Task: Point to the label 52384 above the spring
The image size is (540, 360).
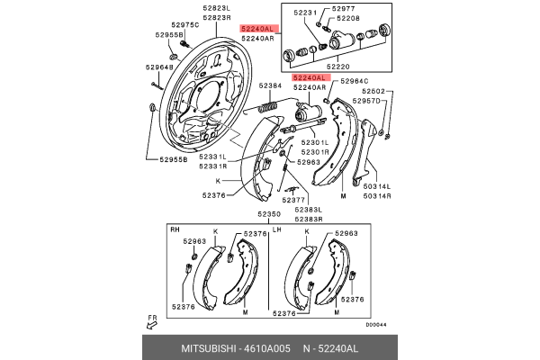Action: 272,86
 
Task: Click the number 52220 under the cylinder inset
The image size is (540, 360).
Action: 337,67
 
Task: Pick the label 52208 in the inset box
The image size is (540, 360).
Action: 348,18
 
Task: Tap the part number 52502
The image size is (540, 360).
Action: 374,91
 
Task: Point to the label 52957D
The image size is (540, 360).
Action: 367,101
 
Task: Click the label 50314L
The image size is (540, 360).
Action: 377,185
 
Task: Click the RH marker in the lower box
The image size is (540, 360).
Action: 175,231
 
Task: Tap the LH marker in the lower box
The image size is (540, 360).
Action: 277,231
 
